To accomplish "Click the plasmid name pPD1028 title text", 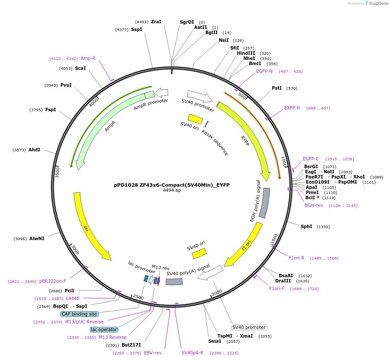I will [172, 185].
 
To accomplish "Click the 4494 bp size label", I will [172, 190].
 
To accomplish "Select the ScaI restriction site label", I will [80, 68].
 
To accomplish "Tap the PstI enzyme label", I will [277, 88].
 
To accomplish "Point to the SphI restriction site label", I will [306, 226].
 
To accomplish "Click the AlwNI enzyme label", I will [37, 238].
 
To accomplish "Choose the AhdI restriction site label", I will [34, 150].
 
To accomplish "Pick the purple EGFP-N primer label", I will [264, 71].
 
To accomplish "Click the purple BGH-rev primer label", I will [314, 205].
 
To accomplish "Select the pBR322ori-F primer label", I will [53, 281].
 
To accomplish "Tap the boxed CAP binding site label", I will [79, 314].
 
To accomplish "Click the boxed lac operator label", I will [104, 329].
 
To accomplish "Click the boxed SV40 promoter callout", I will [249, 327].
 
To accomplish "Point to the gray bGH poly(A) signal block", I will [264, 203].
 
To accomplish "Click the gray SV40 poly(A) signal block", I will [174, 282].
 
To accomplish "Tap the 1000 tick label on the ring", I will [284, 162].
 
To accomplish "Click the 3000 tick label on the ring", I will [75, 250].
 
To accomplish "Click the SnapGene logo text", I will [378, 3].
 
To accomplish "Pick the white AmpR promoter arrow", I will [161, 92].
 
